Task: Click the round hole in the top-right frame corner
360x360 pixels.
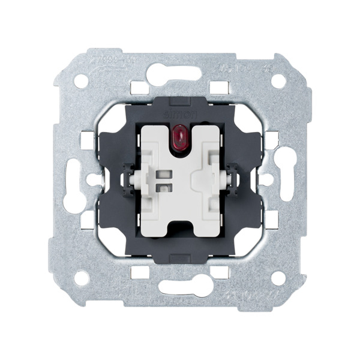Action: coord(278,80)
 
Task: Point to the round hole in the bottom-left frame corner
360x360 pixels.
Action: coord(82,277)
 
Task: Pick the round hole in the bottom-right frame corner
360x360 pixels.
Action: coord(278,277)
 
